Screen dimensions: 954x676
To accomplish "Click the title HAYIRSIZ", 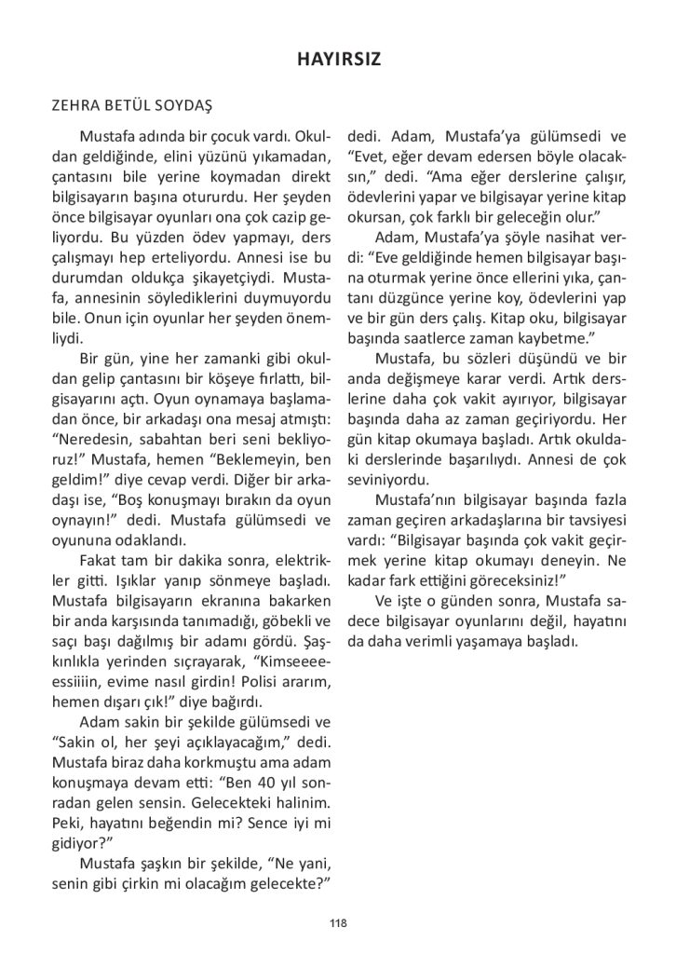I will (338, 59).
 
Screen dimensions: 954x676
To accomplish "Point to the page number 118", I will (338, 923).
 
